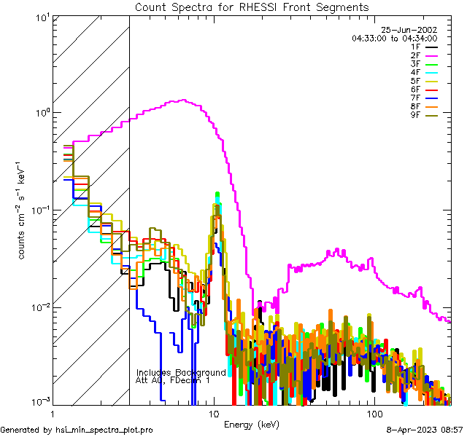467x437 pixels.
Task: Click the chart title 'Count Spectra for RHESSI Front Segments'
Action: pyautogui.click(x=252, y=7)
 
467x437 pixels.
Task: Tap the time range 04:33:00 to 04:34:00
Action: pyautogui.click(x=394, y=38)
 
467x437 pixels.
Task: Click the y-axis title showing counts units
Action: pyautogui.click(x=24, y=210)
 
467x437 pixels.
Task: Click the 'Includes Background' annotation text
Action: pyautogui.click(x=181, y=372)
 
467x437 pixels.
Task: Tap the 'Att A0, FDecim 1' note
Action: pyautogui.click(x=173, y=380)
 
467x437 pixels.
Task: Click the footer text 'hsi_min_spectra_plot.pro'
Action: pyautogui.click(x=104, y=430)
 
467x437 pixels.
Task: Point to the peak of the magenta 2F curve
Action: pyautogui.click(x=183, y=101)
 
